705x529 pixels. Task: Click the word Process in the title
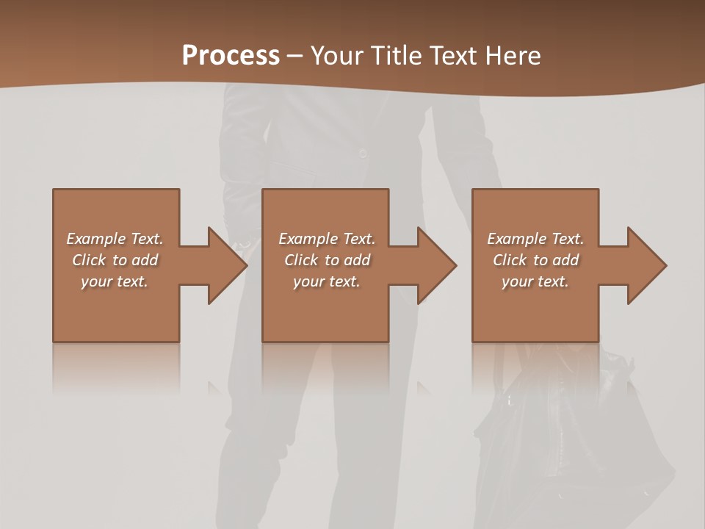coord(231,56)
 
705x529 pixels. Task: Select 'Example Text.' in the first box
coord(115,239)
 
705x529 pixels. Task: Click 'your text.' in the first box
coord(115,281)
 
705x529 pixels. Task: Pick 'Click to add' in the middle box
coord(327,260)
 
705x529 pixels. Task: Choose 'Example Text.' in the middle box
coord(327,239)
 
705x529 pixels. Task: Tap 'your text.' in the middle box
coord(327,281)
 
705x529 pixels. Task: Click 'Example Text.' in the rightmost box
coord(535,239)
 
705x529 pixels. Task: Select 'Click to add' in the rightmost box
coord(535,260)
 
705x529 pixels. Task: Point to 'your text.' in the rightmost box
coord(535,281)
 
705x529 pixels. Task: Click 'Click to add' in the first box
coord(115,260)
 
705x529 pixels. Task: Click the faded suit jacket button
coord(363,153)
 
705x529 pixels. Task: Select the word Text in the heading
coord(454,56)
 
